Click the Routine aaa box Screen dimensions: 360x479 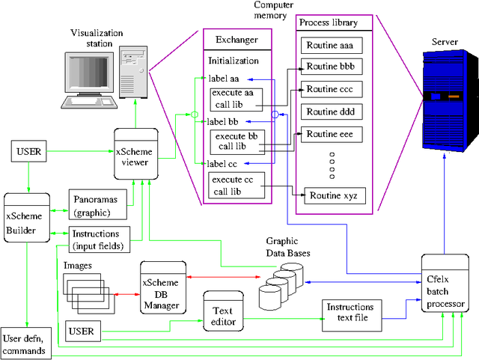coord(331,46)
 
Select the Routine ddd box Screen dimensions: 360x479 coord(331,112)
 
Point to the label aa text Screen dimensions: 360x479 coord(224,78)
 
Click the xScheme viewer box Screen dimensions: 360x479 coord(135,153)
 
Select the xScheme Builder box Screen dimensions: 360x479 coord(26,216)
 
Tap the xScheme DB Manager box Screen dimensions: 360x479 coord(163,284)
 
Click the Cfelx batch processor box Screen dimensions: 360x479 coord(445,284)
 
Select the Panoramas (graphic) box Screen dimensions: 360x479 coord(97,206)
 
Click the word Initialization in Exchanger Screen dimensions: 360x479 coord(234,61)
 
